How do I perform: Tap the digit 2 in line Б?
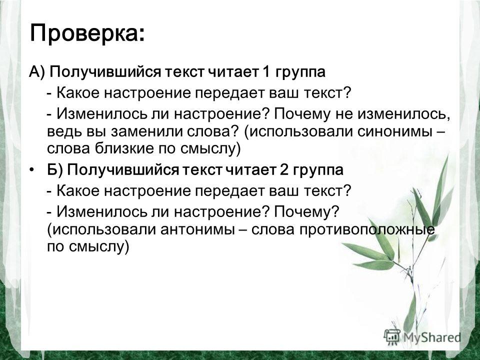[283, 170]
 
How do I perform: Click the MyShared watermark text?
[432, 337]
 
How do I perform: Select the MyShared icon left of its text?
[392, 336]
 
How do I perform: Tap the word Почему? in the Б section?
[306, 212]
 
